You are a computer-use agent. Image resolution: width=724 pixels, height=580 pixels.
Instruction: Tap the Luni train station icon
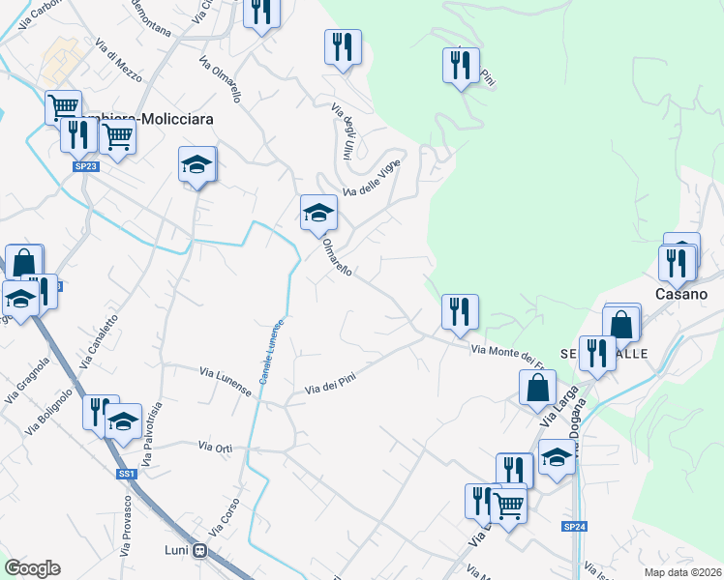coord(200,551)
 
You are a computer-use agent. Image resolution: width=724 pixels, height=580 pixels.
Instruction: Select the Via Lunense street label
coord(226,381)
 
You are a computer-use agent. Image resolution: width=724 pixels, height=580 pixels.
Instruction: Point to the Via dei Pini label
coord(332,383)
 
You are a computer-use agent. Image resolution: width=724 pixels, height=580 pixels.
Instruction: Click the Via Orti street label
coord(216,446)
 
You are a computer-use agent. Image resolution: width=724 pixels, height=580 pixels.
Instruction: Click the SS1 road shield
coord(127,474)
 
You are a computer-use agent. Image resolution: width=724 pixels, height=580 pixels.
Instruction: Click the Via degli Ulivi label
coord(341,130)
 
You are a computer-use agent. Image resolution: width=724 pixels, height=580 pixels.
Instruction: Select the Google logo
coord(33,567)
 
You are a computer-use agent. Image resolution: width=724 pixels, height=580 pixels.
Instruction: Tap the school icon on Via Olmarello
coord(317,212)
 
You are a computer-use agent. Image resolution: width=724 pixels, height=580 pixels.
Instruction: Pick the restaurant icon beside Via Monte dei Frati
coord(459,310)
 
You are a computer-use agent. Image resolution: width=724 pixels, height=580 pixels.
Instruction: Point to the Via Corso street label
coord(221,521)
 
